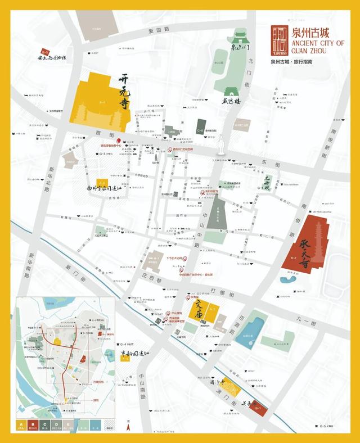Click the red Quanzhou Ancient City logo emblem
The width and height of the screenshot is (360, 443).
[x=278, y=38]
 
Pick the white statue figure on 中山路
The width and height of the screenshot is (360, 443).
[x=222, y=144]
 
